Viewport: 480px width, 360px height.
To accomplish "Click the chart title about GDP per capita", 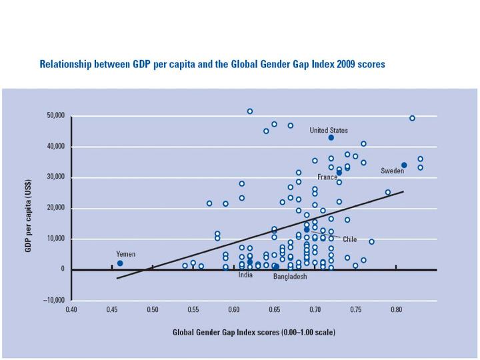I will tap(212, 65).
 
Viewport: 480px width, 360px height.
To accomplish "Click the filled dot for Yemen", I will tap(120, 263).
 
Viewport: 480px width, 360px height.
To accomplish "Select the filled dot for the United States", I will tap(331, 137).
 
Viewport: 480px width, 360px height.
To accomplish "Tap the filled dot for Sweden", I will tap(404, 165).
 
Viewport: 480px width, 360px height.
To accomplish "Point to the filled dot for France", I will tap(339, 173).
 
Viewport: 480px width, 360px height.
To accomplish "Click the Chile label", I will tap(350, 239).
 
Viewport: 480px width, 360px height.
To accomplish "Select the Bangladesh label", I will tap(290, 277).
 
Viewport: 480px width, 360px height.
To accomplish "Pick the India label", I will tap(245, 275).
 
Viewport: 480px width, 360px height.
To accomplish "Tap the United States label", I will tap(329, 131).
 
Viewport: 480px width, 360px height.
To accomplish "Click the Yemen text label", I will tap(125, 254).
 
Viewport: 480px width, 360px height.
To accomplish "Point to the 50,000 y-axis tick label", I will tap(55, 116).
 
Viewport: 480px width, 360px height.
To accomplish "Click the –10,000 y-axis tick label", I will tap(54, 300).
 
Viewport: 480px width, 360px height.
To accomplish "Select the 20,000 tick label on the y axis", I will tap(55, 208).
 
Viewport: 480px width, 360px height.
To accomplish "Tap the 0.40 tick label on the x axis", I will tap(71, 310).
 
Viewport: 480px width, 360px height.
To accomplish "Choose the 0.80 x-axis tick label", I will tap(397, 310).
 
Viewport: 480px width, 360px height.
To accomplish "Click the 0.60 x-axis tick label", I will tap(234, 310).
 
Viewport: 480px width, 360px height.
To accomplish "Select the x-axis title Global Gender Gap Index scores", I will tap(254, 332).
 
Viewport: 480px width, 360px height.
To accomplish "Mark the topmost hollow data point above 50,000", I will tap(250, 111).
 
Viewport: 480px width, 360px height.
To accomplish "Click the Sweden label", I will tap(393, 171).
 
